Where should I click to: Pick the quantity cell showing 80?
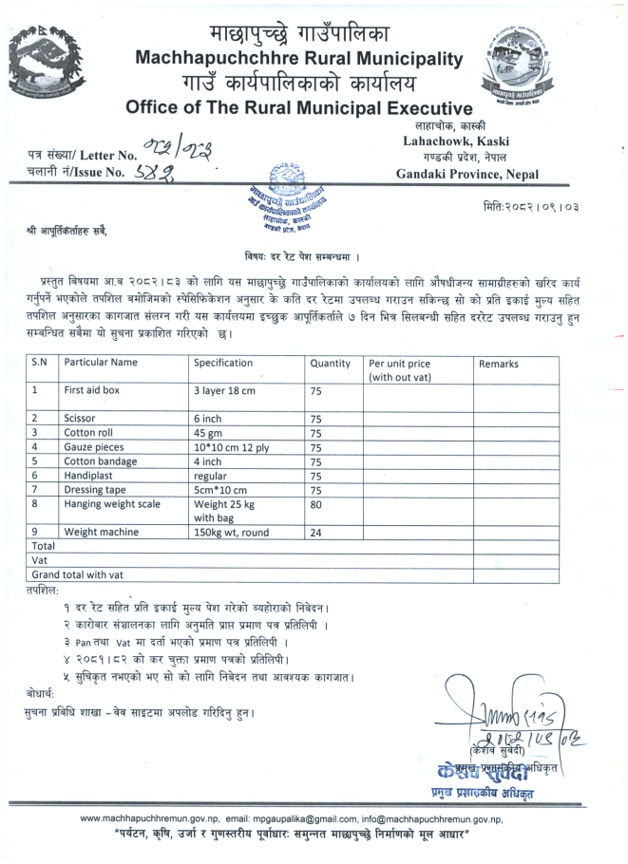(x=316, y=505)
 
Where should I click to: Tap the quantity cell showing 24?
(x=316, y=533)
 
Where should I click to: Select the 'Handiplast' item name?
(x=88, y=476)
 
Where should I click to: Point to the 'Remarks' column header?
(x=499, y=363)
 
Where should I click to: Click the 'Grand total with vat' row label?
(x=77, y=575)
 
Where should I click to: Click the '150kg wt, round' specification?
(x=231, y=533)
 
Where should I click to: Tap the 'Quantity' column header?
(x=331, y=363)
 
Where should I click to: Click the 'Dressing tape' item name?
(x=95, y=490)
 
